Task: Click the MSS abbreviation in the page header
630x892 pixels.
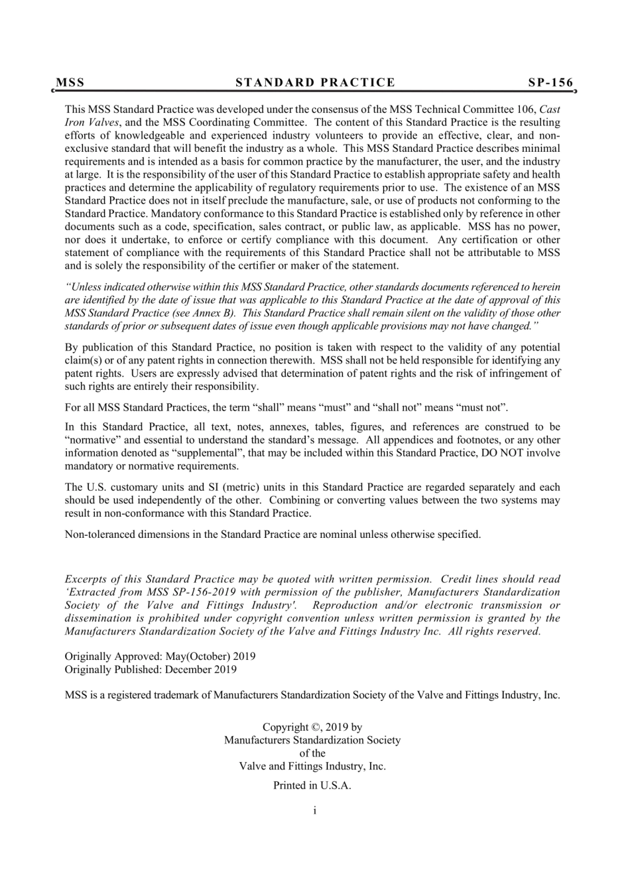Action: pos(70,83)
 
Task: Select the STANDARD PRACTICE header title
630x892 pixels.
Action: pos(315,83)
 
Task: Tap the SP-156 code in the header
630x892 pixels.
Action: pos(550,83)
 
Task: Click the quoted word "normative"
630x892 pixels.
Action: pos(94,440)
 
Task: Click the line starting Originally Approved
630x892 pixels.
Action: pos(160,657)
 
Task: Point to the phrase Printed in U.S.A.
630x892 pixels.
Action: pos(312,786)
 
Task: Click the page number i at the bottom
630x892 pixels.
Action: pos(314,810)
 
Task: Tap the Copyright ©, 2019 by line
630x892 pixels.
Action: pos(312,728)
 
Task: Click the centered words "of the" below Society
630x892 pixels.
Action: pos(312,753)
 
